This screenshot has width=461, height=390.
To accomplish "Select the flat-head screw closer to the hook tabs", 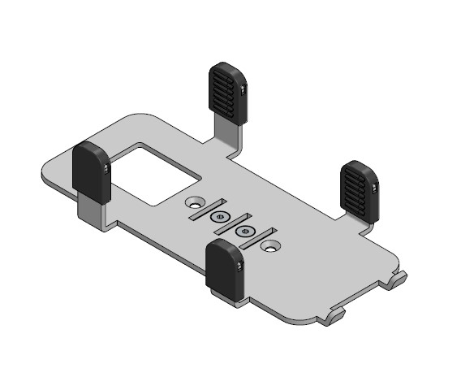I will (243, 232).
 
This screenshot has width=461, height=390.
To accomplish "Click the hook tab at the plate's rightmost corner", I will (398, 280).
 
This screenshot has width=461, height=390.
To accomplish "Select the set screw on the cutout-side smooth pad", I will (107, 168).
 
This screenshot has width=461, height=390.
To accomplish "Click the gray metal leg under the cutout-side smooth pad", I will (89, 214).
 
